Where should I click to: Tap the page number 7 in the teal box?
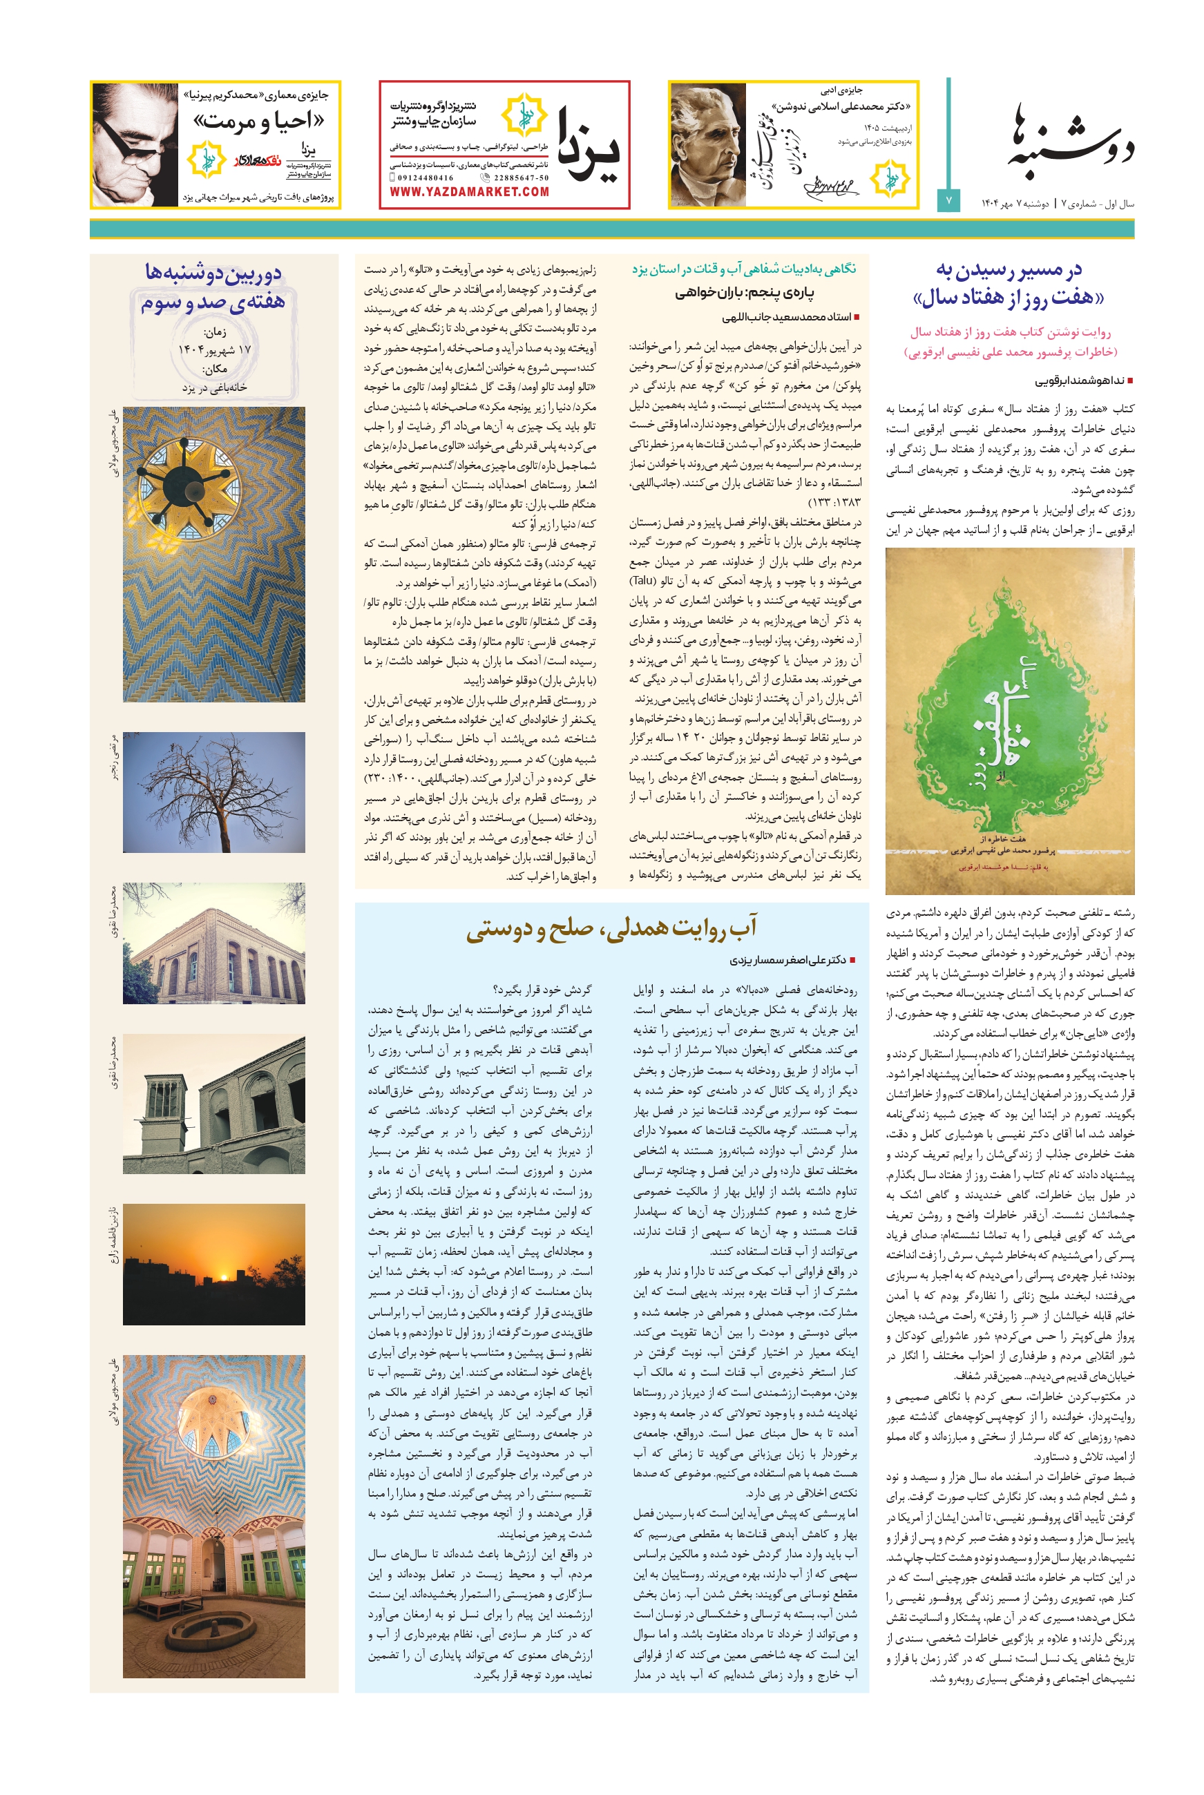click(948, 200)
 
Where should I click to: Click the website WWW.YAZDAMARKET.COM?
click(469, 192)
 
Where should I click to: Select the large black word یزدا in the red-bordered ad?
click(588, 145)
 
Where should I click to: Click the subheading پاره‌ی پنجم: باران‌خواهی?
click(745, 293)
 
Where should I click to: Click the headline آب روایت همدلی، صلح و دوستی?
click(611, 928)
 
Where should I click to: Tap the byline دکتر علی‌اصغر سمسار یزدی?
click(787, 960)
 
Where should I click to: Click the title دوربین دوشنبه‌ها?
click(213, 272)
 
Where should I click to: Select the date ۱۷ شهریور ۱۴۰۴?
click(214, 350)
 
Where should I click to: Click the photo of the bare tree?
click(213, 792)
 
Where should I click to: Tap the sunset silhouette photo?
click(213, 1264)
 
